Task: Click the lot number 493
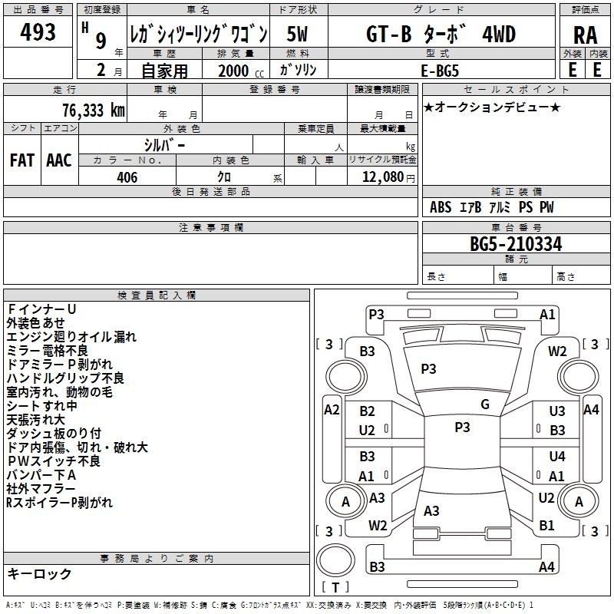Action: (38, 31)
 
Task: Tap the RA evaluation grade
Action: (585, 35)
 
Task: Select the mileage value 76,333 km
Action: (93, 111)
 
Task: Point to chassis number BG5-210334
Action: (516, 244)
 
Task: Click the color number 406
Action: (127, 177)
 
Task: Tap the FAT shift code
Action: (22, 160)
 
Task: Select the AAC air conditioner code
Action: (59, 160)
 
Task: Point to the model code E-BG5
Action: (439, 71)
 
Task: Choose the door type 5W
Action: (297, 34)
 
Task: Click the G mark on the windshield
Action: (485, 404)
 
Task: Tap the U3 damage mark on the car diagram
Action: (557, 411)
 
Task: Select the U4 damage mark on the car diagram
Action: (557, 456)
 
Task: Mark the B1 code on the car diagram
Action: (546, 525)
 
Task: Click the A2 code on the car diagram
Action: (332, 410)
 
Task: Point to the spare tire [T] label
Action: (335, 587)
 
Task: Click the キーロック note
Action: (39, 573)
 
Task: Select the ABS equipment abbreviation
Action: (441, 207)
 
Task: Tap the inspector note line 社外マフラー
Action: (41, 489)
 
